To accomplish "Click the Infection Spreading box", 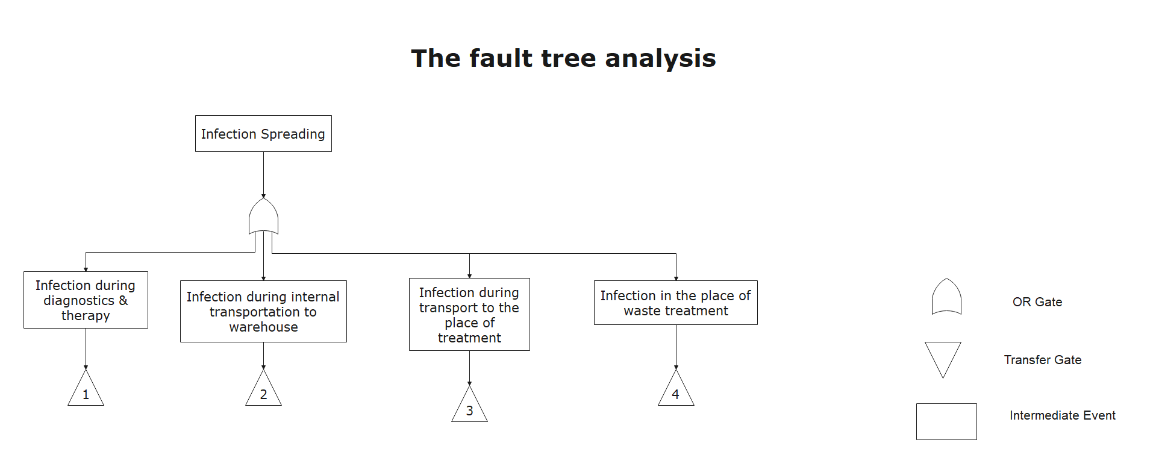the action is [x=263, y=134].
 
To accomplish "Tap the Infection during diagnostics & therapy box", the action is [x=86, y=300].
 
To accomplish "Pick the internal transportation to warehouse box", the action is [x=263, y=311].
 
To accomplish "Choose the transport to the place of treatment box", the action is [x=469, y=314].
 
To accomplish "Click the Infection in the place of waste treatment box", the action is [x=676, y=303].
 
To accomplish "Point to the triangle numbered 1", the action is [x=86, y=388].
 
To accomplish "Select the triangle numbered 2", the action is [x=263, y=388].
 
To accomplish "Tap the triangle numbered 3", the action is [x=469, y=405].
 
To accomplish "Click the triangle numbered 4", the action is [x=676, y=388].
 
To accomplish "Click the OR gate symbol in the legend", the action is [x=946, y=297].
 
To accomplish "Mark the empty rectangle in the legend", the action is [x=946, y=421].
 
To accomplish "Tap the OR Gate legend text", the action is [x=1037, y=302].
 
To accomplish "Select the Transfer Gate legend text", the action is [x=1043, y=360].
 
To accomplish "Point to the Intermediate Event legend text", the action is [x=1063, y=415].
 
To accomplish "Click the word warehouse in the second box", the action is [x=263, y=327].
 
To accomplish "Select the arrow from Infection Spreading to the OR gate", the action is [x=263, y=175].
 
